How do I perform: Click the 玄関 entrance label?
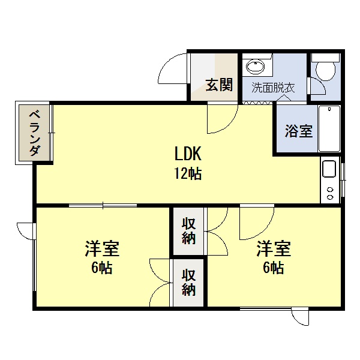219,85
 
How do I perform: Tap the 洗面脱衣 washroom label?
273,88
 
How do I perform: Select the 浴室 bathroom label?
299,131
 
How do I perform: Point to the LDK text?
188,154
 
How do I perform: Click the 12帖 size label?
188,173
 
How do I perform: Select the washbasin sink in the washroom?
255,67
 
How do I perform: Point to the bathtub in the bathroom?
329,128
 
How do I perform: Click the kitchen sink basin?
329,169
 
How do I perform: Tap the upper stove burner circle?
330,190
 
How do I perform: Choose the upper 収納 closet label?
188,231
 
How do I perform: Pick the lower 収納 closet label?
188,283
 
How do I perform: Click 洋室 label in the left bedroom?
102,248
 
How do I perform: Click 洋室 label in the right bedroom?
274,248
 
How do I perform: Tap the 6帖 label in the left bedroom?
102,268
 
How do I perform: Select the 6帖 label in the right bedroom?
273,268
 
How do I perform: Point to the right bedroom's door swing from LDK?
264,233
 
